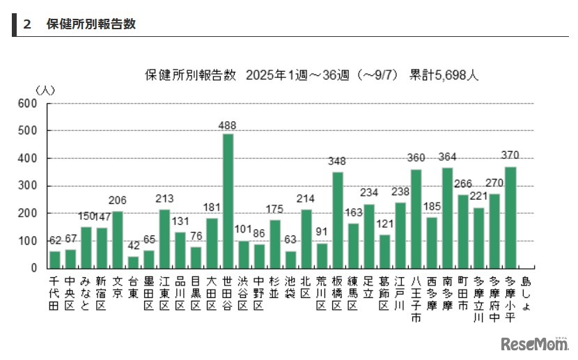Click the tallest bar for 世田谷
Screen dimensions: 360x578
click(228, 201)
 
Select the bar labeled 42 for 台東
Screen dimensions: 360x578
click(133, 263)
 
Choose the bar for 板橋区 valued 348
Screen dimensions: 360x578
click(338, 220)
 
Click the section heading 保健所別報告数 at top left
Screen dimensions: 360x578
click(91, 24)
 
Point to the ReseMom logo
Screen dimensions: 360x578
click(533, 343)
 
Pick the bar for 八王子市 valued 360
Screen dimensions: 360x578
click(416, 219)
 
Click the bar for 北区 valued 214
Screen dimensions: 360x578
click(306, 239)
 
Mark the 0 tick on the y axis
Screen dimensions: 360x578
click(33, 268)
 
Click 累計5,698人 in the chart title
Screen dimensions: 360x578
click(444, 75)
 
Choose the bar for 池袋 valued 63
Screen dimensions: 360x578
click(290, 260)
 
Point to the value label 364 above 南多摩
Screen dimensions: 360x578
click(448, 157)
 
